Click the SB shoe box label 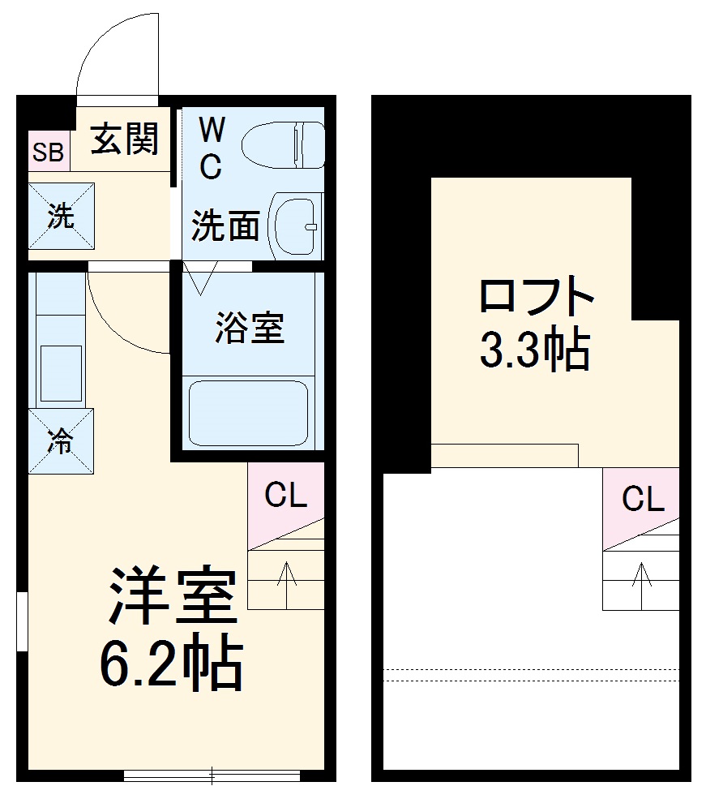tap(48, 152)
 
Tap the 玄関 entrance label tap(123, 140)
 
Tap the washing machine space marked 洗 tap(61, 217)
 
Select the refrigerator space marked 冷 tap(61, 441)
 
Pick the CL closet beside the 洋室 tap(285, 496)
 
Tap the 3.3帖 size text tap(534, 351)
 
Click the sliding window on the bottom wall tap(212, 775)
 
